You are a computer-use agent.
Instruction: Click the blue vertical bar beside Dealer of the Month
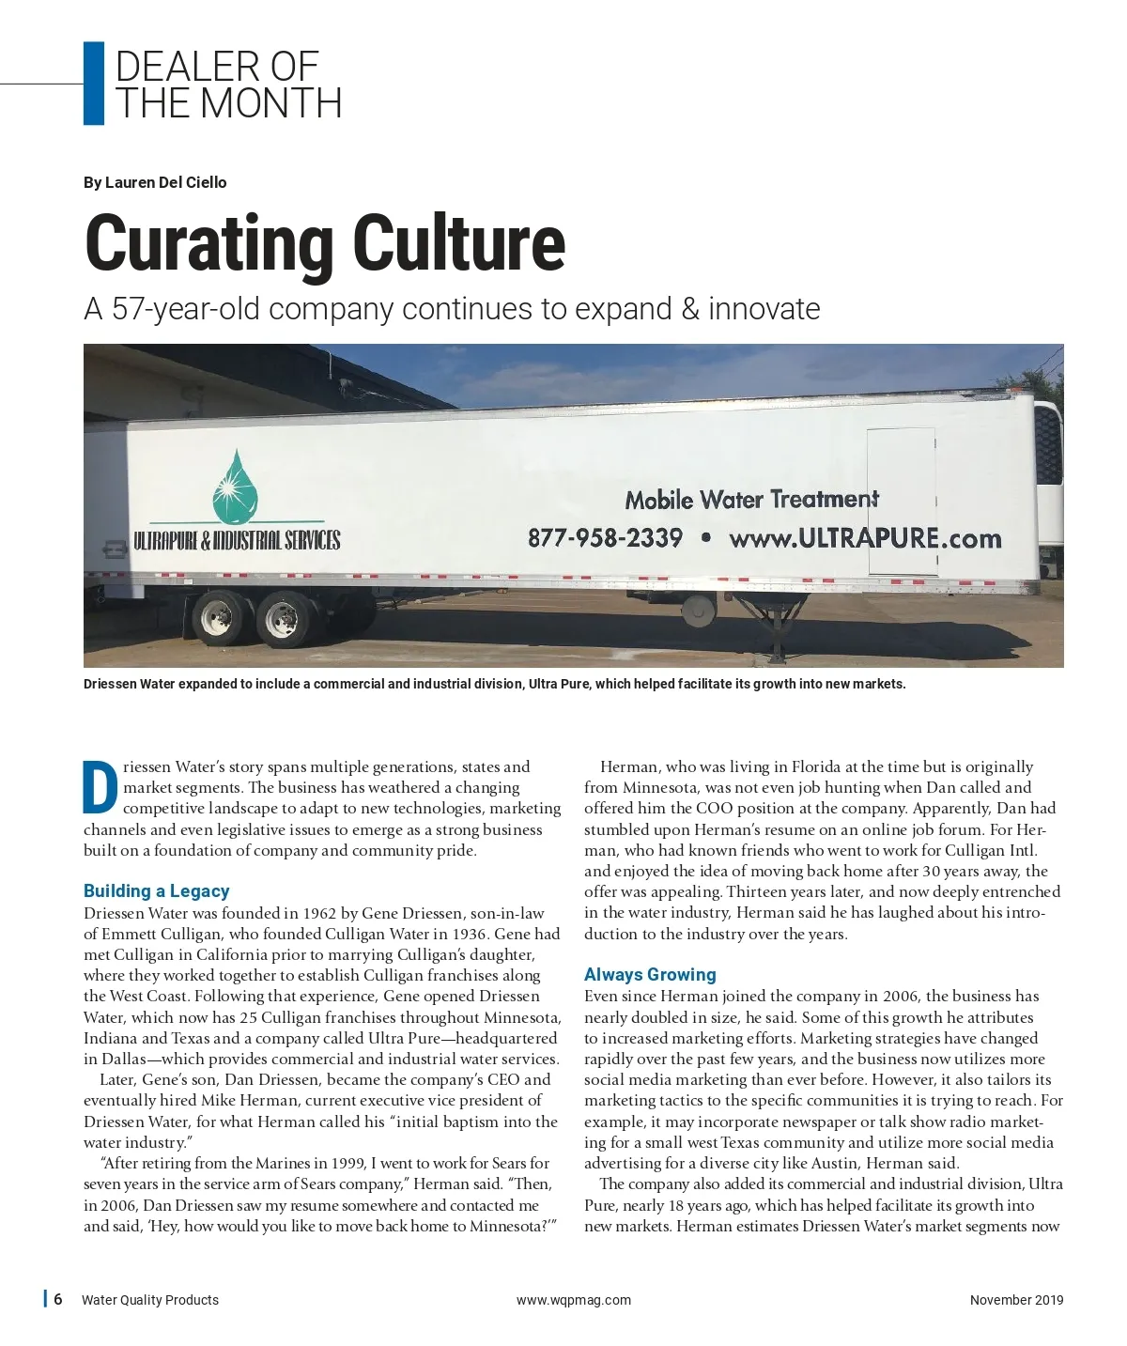(x=93, y=84)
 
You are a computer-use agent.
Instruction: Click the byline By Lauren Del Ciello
(x=155, y=182)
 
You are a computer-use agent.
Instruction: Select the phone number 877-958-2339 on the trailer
(x=605, y=538)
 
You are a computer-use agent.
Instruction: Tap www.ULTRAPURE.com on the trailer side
(x=865, y=539)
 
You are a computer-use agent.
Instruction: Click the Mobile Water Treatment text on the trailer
(x=751, y=500)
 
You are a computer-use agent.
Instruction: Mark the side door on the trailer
(x=902, y=501)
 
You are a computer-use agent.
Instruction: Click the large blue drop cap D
(x=100, y=787)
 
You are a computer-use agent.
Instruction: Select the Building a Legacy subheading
(x=156, y=890)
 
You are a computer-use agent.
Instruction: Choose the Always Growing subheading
(x=650, y=974)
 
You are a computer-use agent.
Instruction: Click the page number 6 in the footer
(x=58, y=1299)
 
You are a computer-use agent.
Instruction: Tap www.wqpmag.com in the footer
(x=573, y=1300)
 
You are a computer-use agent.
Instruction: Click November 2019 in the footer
(x=1016, y=1300)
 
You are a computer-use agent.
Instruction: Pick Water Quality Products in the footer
(x=150, y=1300)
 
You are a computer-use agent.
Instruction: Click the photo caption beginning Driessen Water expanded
(x=494, y=684)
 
